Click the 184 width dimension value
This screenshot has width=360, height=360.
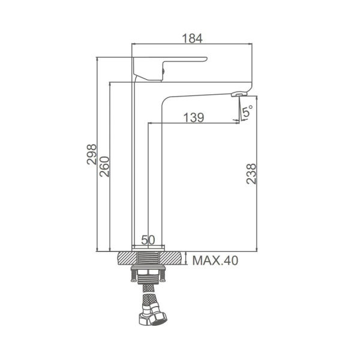[x=192, y=38]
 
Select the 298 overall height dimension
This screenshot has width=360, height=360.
[x=92, y=154]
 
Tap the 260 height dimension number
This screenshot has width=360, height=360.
[x=104, y=166]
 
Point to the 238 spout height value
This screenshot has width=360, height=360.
[x=251, y=173]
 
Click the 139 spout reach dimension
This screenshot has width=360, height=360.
[x=194, y=118]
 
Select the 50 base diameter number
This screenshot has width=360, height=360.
[x=148, y=240]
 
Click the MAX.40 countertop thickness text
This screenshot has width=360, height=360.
[x=215, y=260]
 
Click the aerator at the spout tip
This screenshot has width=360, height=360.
[x=239, y=94]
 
